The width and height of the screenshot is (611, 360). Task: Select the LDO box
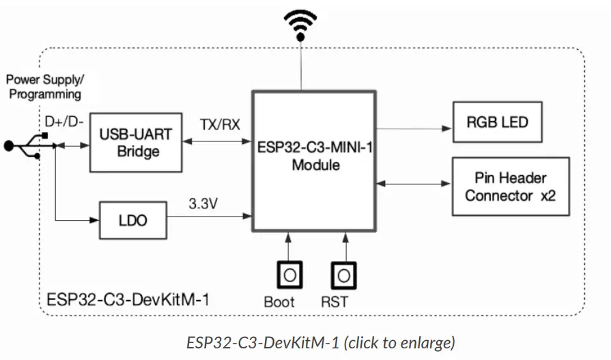pos(132,220)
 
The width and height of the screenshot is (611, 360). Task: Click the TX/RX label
pos(219,124)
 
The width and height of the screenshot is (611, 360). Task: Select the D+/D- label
pos(64,122)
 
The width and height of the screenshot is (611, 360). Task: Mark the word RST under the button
pos(335,301)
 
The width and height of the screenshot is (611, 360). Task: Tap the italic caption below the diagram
pos(320,342)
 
